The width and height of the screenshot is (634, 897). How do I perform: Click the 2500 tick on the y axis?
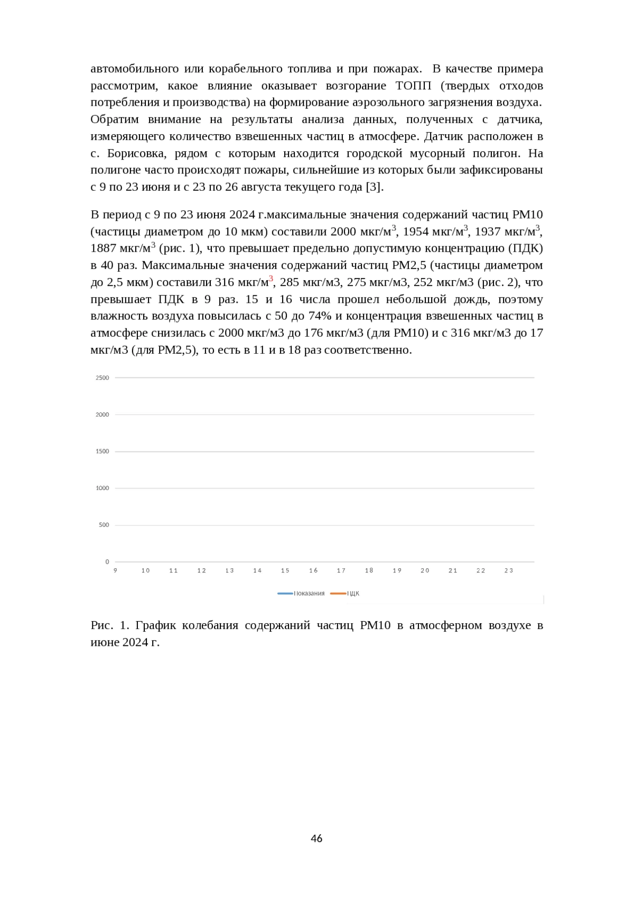(x=102, y=377)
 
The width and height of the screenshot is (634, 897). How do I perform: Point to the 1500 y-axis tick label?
(x=102, y=451)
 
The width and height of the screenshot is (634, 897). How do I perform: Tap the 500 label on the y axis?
(x=104, y=525)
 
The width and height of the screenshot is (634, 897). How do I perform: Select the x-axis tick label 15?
(x=285, y=570)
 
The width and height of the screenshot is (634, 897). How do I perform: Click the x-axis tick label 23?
(x=509, y=570)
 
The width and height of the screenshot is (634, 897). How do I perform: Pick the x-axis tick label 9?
(x=115, y=570)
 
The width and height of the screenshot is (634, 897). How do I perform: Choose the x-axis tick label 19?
(x=397, y=570)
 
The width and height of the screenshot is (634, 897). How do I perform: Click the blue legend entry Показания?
(x=302, y=594)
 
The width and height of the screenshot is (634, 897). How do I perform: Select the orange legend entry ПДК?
(x=346, y=594)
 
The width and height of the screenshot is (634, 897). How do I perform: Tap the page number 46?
(x=316, y=838)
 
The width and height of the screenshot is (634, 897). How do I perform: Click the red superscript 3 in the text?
(x=271, y=279)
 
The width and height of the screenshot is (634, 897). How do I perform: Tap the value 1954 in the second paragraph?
(x=416, y=232)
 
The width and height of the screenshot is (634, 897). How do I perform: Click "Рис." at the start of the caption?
(x=101, y=625)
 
